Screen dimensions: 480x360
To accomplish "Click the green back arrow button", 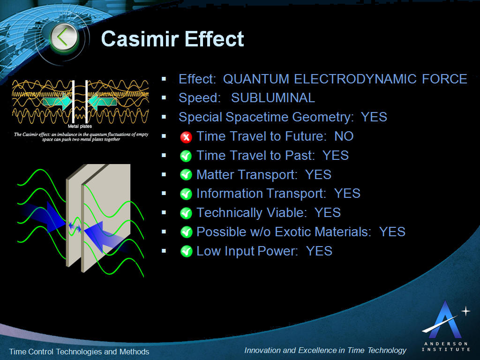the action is point(64,37).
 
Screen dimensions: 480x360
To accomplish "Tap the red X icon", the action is point(186,137).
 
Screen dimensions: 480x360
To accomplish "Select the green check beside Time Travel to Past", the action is point(186,156).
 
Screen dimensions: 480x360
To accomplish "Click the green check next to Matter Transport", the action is point(186,175).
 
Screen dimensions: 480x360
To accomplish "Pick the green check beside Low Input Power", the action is point(186,252).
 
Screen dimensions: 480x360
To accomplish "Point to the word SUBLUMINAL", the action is point(273,98).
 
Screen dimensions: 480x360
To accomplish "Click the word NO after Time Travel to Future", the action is point(344,136).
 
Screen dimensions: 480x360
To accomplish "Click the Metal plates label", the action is point(80,126).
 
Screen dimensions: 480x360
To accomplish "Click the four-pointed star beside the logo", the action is point(465,311).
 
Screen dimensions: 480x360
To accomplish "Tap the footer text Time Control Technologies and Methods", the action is point(79,352).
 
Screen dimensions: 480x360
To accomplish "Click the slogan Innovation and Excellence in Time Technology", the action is point(325,351).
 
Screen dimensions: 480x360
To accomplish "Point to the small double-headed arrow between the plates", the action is point(75,227).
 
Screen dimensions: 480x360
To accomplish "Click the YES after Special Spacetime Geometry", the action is point(374,117).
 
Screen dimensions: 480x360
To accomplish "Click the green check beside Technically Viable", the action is point(186,213).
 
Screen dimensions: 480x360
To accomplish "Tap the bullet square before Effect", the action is point(164,79).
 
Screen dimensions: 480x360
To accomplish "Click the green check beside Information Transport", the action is point(186,194).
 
